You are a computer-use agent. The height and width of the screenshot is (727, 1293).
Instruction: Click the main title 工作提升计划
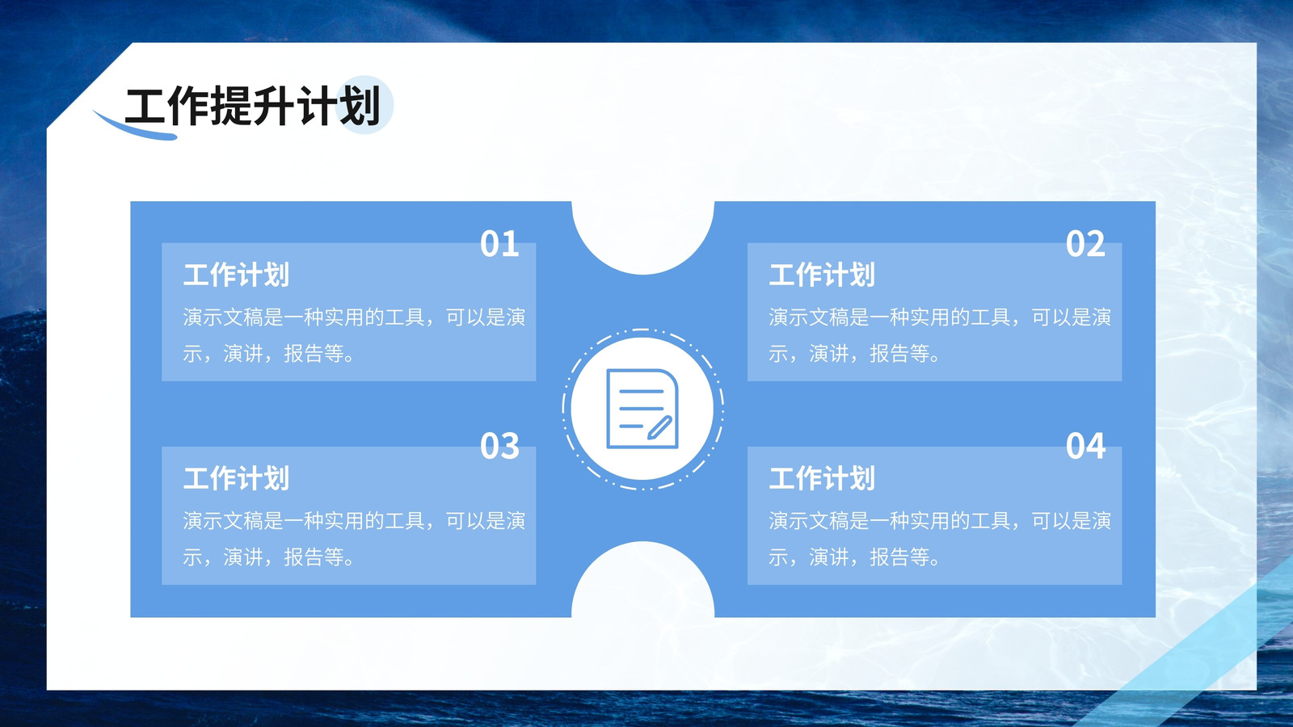253,106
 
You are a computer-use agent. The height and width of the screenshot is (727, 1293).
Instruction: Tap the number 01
500,243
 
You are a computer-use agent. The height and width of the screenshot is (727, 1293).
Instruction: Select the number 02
1085,243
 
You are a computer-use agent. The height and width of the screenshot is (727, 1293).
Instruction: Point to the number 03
500,446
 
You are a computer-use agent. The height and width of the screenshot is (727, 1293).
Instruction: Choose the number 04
1085,446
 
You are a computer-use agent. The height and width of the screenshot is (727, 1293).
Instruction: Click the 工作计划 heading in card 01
236,275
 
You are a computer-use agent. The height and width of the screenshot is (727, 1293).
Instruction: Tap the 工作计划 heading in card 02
822,275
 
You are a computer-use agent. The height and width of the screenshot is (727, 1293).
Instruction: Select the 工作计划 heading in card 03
236,478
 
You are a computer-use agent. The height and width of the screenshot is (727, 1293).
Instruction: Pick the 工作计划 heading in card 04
822,478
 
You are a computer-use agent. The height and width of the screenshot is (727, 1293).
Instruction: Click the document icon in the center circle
642,409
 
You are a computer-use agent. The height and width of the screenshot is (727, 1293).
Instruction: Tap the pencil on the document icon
659,427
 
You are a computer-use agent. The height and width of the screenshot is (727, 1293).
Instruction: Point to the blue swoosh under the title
135,128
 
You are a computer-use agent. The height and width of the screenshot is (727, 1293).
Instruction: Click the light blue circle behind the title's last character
364,104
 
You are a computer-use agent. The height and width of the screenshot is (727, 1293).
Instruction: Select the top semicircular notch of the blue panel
643,237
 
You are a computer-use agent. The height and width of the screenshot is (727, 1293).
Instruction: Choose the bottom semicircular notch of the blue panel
643,580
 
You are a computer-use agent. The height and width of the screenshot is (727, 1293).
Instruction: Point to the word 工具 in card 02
991,317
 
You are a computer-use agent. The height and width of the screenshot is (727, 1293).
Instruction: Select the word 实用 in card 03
344,521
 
